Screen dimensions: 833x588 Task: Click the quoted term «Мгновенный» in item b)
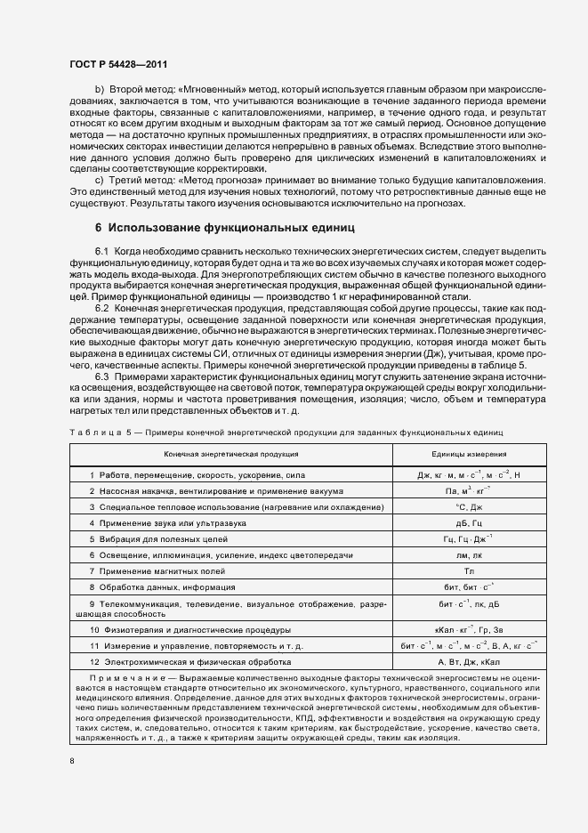point(219,92)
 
